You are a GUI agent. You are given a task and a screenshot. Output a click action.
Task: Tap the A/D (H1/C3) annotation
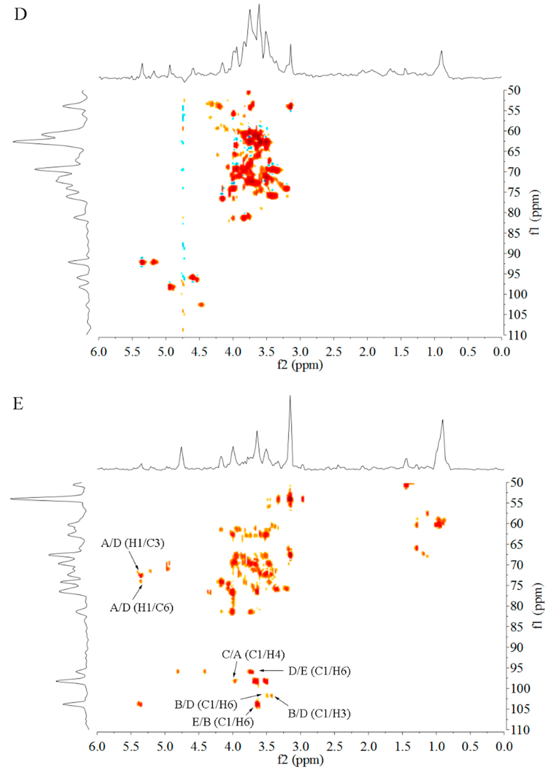tap(132, 543)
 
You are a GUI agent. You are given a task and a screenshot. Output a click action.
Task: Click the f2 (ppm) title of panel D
tap(300, 365)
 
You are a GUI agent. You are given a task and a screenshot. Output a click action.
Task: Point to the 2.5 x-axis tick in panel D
tap(334, 352)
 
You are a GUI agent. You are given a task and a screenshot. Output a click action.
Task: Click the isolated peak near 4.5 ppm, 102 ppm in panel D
tap(201, 305)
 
